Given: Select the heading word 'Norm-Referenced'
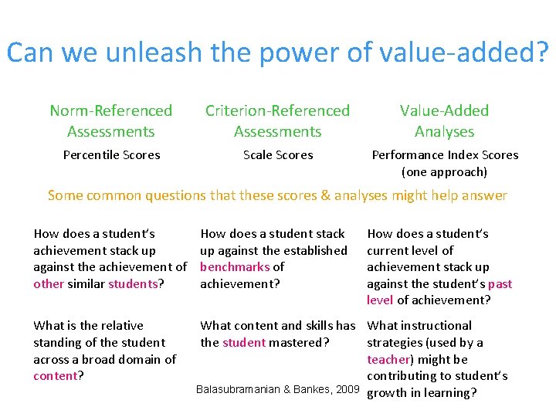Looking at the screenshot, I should pos(111,111).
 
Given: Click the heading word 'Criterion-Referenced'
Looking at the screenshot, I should pos(277,111).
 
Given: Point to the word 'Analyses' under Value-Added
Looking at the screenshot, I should pos(444,132).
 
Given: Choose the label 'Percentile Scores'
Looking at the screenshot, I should pos(111,155).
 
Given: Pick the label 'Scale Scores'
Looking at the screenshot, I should pos(278,155).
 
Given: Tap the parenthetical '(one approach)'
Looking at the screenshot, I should pos(444,172).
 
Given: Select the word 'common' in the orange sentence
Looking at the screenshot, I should pos(110,195).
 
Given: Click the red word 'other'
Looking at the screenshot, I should pos(49,284).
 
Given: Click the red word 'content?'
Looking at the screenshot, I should pos(58,376).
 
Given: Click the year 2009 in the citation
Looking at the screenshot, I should pos(346,389).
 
